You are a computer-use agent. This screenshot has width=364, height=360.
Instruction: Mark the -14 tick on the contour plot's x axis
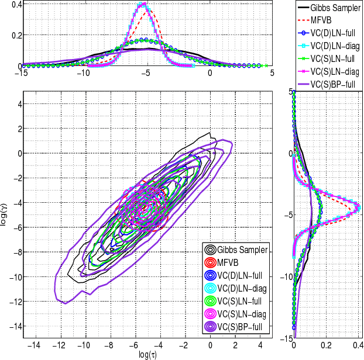pos(35,345)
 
